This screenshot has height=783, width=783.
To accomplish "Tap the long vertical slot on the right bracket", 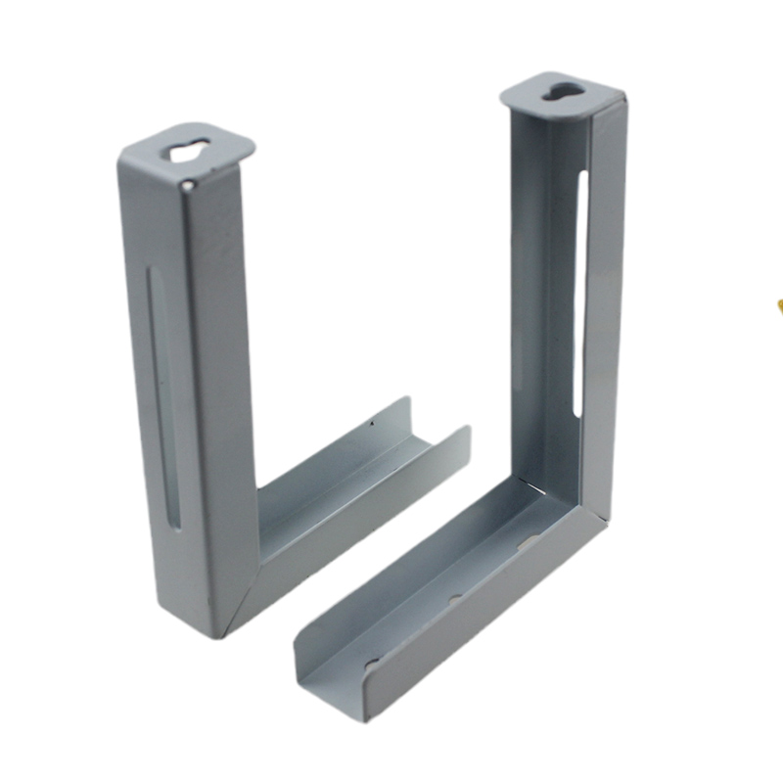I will [581, 294].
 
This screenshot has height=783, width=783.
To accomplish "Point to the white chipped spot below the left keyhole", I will [188, 183].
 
